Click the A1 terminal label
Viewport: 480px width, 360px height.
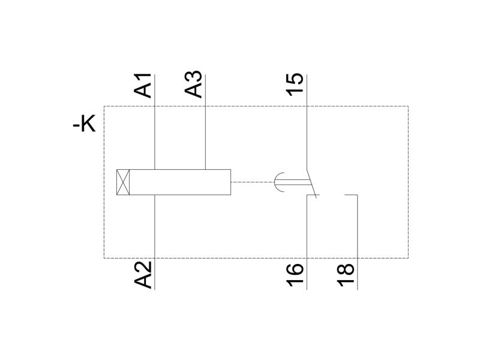pos(143,85)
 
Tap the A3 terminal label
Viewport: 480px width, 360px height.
pos(193,85)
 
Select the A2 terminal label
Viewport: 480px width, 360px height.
pos(143,275)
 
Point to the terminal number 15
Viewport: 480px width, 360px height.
pos(295,85)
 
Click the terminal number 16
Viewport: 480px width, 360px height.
pos(295,275)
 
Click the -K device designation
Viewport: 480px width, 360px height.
pos(84,124)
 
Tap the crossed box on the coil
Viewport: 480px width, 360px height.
pos(123,182)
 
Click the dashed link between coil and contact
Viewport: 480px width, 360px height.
pos(252,182)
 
